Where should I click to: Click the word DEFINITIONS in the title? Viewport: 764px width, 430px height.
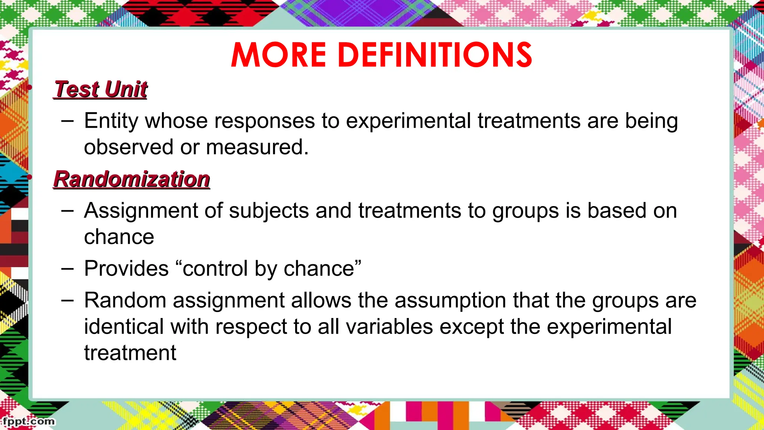tap(435, 55)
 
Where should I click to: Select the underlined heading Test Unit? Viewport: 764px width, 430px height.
tap(101, 90)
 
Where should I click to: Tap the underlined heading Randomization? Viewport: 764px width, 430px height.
tap(132, 179)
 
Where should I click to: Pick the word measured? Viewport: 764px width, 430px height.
tap(257, 147)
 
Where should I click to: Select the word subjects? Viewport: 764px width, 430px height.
tap(269, 211)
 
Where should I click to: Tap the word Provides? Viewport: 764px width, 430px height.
tap(126, 268)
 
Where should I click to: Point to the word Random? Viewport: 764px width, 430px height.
tap(125, 300)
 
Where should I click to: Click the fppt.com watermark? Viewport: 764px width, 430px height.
tap(28, 421)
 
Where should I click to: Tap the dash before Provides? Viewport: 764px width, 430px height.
tap(68, 268)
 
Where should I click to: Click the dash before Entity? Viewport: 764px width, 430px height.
tap(68, 121)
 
